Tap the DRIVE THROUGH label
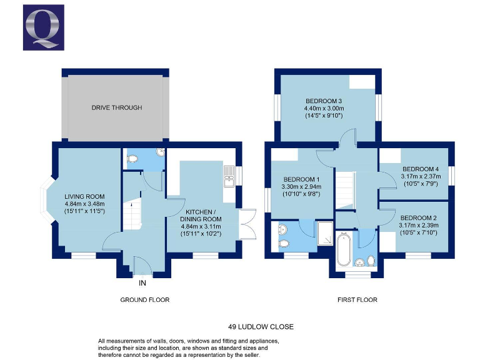117,107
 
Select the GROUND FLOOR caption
144,300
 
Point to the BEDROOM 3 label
323,101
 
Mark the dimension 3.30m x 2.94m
296,186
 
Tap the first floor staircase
344,191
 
